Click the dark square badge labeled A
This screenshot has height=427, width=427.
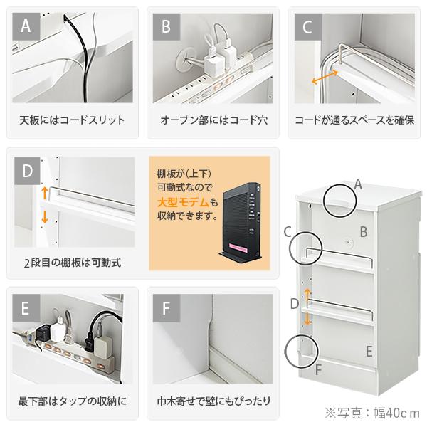pos(26,28)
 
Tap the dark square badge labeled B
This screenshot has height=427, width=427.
pos(167,28)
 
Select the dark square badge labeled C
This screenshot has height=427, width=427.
pos(307,28)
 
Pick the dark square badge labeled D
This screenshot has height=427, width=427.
pos(28,172)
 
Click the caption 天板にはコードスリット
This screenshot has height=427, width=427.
pos(72,120)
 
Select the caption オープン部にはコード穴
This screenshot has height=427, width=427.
pos(213,120)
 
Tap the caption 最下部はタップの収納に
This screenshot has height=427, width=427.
pos(73,401)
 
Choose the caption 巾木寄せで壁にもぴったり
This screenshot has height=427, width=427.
pos(213,401)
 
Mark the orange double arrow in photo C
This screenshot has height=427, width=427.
pos(324,73)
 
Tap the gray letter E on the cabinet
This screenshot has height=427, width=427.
pos(369,351)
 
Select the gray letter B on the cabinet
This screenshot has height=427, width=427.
pos(363,231)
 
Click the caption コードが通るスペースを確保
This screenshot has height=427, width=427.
pos(354,120)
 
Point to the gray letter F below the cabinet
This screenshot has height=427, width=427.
pos(318,369)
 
